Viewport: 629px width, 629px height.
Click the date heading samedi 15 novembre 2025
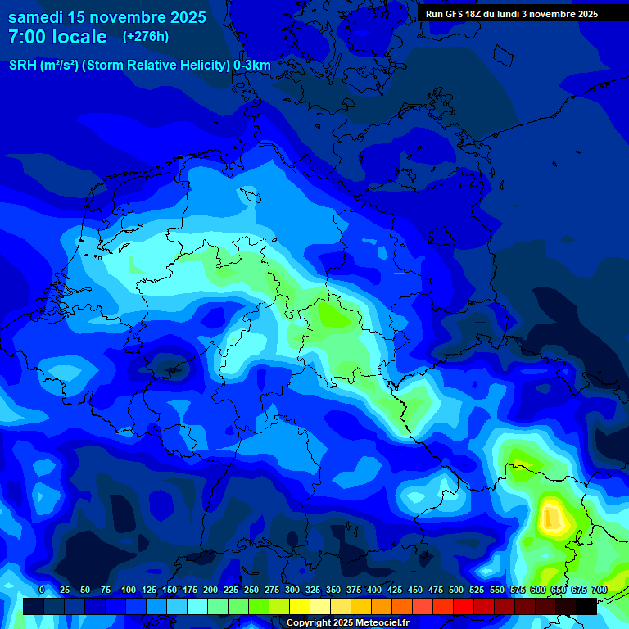click(x=107, y=17)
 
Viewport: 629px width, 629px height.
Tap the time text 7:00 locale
click(x=57, y=37)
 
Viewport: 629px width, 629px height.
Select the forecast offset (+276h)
click(x=146, y=37)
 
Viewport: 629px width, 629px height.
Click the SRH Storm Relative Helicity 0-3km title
click(x=140, y=66)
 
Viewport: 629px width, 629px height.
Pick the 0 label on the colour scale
click(x=42, y=591)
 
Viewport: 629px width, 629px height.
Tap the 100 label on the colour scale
click(x=129, y=591)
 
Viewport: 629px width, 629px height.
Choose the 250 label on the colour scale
click(x=251, y=591)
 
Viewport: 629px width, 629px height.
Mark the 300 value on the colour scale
click(x=292, y=591)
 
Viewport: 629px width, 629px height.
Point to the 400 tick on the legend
click(x=374, y=591)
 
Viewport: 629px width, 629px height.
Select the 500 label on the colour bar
click(x=456, y=591)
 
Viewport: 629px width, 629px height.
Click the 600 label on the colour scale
click(x=538, y=591)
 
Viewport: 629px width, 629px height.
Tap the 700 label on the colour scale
click(x=600, y=591)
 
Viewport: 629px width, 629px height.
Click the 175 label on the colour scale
click(x=190, y=591)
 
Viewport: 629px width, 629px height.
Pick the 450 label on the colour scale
click(x=415, y=591)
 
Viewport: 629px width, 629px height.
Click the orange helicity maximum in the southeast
click(x=554, y=517)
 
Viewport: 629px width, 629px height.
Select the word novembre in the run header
click(x=556, y=14)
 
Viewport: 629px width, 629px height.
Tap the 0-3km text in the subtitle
click(x=252, y=66)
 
